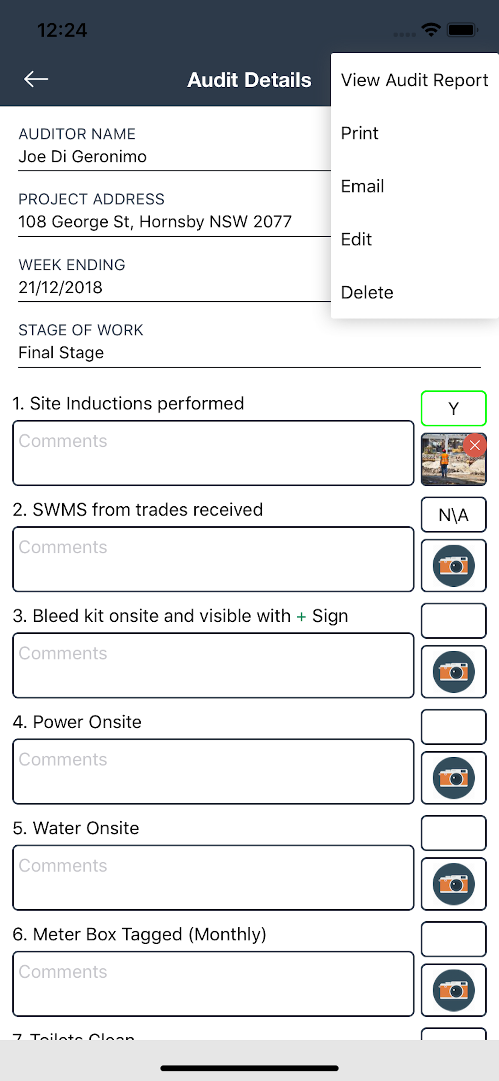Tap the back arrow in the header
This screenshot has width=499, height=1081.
[x=36, y=79]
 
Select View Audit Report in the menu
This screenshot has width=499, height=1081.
[x=414, y=80]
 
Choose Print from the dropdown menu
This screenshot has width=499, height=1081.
[x=359, y=133]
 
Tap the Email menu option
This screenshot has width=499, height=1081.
[x=362, y=186]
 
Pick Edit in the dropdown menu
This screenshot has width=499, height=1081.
[x=356, y=239]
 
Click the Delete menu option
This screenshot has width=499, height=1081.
[x=367, y=292]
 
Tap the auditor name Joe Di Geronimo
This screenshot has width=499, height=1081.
[x=83, y=156]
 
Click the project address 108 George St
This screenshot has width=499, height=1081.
[x=155, y=222]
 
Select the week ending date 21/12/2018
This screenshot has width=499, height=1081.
[x=60, y=288]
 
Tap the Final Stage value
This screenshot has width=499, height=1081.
[x=61, y=353]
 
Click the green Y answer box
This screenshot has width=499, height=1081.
[x=453, y=408]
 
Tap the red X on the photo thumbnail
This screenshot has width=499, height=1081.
[x=474, y=445]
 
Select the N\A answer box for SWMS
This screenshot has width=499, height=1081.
[x=453, y=514]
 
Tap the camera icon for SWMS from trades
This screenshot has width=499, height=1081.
[x=453, y=565]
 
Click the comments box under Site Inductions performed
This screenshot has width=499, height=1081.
[x=213, y=453]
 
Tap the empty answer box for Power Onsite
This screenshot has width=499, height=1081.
[x=453, y=726]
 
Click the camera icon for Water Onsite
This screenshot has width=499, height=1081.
[x=453, y=884]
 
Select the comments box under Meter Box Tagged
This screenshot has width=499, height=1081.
[x=213, y=984]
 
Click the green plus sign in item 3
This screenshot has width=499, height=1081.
[x=301, y=617]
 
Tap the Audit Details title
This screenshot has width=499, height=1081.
[x=249, y=80]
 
